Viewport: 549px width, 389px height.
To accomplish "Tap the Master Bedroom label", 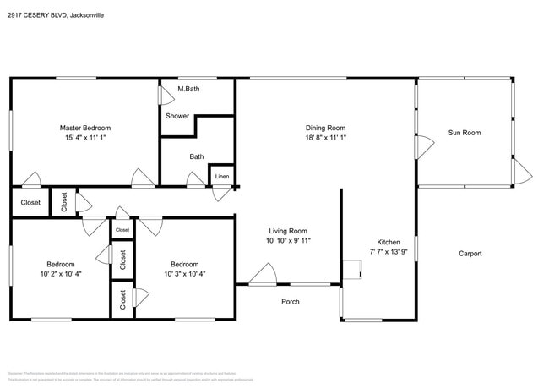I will [x=84, y=128].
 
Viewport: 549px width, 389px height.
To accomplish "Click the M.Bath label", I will [x=188, y=89].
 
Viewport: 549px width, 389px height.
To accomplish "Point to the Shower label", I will [x=177, y=116].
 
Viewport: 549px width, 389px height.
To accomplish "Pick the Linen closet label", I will [x=221, y=176].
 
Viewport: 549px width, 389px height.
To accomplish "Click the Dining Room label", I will [x=325, y=128].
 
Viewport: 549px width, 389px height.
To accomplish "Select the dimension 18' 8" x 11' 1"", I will [x=325, y=138].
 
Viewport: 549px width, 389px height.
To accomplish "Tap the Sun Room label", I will [x=464, y=133].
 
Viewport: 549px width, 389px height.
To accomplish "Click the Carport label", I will [x=470, y=253].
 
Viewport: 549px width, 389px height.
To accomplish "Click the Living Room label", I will [x=287, y=231].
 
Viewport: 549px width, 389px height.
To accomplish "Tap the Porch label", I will [x=290, y=301].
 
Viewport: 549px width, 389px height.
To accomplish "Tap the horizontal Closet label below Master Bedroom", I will [x=30, y=203].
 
